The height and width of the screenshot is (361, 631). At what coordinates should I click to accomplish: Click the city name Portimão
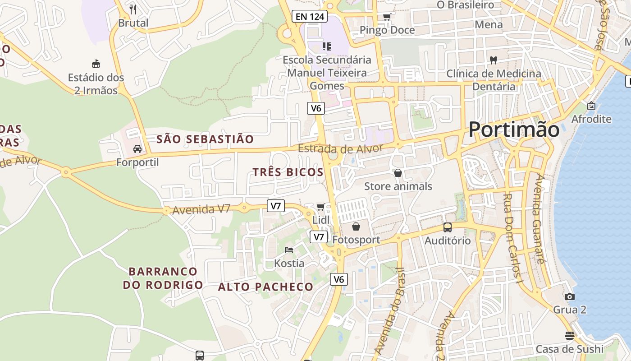514,130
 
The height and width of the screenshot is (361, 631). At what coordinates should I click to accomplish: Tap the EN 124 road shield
309,17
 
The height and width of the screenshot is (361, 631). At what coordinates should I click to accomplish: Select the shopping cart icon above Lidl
320,207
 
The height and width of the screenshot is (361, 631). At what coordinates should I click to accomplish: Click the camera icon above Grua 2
570,296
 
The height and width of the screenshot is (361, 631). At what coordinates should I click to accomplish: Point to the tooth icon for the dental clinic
494,60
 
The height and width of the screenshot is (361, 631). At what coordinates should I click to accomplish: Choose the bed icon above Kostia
289,250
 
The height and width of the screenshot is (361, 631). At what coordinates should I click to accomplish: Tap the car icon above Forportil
137,148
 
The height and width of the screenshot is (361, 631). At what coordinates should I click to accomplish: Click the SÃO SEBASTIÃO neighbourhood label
205,139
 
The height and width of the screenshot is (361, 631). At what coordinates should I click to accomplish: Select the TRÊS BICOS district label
288,172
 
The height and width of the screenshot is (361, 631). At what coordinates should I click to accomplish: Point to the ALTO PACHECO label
265,287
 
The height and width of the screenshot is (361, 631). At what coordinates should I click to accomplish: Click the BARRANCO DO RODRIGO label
163,278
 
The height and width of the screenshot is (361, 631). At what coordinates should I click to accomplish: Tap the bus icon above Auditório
447,227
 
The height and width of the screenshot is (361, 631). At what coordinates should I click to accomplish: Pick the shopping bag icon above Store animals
398,173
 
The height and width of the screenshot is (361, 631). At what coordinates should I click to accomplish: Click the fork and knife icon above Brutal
133,9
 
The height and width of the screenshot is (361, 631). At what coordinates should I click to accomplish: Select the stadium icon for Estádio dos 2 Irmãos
96,64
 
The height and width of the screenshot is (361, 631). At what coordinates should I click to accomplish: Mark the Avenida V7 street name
201,209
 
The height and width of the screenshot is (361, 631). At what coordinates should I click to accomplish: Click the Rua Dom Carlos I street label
512,239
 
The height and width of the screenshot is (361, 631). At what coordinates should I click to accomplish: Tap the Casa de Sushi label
569,349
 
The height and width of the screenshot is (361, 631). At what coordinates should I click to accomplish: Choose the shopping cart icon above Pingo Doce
387,17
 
